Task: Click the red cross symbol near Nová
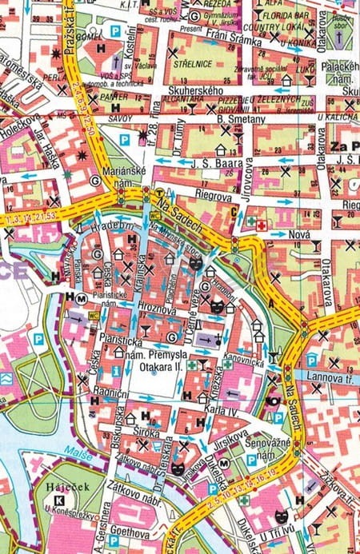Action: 261,226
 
